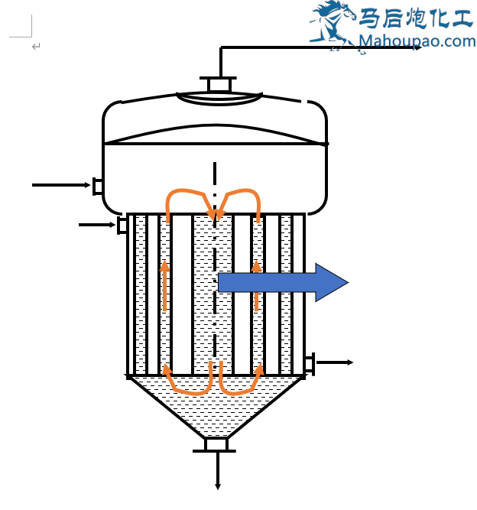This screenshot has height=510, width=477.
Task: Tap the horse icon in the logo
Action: (332, 23)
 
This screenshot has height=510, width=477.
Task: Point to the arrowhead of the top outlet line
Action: (417, 47)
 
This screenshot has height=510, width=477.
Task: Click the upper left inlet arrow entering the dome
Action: (61, 185)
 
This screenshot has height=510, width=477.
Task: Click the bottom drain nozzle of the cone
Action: (216, 445)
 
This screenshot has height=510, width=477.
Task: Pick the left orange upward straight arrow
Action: (164, 286)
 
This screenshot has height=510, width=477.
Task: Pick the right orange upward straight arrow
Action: (257, 286)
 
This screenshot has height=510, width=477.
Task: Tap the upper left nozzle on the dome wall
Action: (97, 186)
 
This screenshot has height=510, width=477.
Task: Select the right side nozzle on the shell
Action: (309, 363)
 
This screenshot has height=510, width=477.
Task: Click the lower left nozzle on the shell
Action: (122, 225)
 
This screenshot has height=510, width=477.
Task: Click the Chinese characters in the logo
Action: (417, 17)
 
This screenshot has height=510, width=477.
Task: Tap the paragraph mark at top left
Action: (36, 47)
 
